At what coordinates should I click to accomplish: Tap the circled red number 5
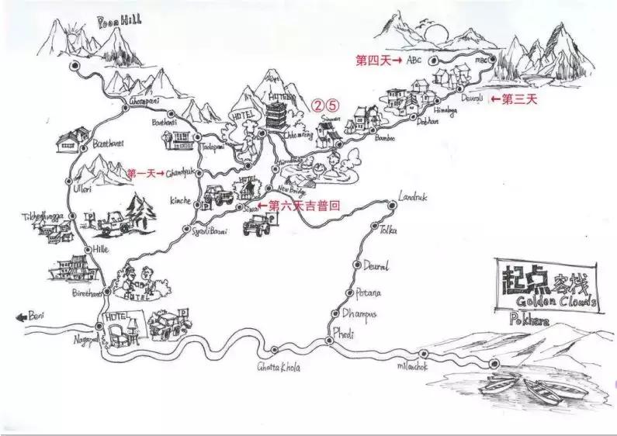332,103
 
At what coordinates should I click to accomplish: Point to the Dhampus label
360,313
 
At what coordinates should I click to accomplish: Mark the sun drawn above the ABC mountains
437,33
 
